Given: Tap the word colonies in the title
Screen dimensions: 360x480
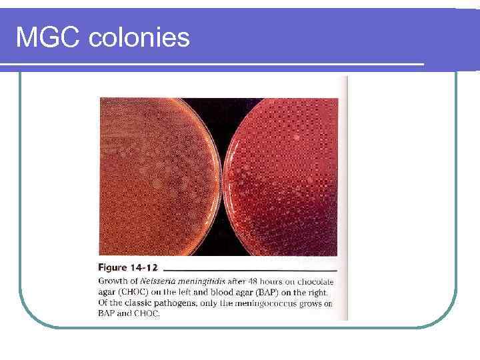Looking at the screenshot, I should [139, 37].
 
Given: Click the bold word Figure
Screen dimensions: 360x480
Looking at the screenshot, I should [115, 268].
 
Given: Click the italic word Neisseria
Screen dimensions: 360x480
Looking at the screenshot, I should [154, 281].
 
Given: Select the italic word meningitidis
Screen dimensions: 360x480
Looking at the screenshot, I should [201, 281].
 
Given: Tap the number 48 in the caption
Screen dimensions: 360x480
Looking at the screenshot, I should [251, 281].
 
